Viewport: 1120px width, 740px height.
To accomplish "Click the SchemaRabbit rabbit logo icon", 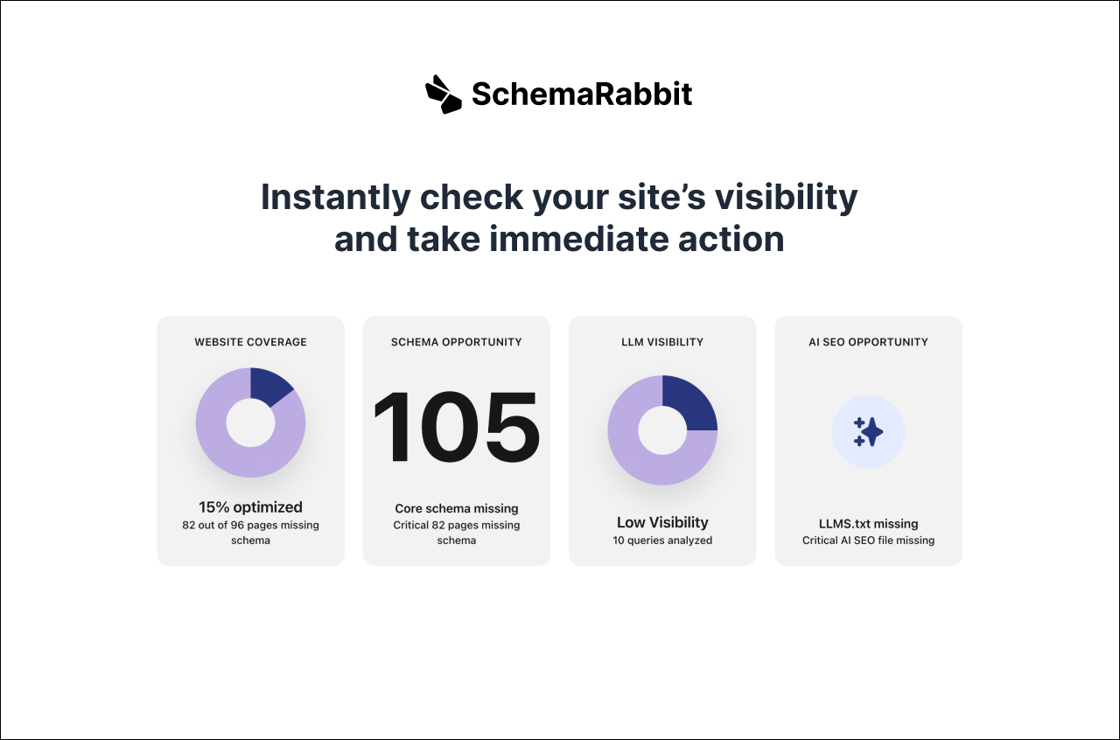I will tap(443, 94).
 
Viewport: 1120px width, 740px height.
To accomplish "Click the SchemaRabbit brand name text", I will tap(582, 94).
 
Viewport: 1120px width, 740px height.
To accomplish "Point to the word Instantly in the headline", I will tap(335, 197).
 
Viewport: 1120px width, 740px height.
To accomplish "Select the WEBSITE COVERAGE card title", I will tap(250, 342).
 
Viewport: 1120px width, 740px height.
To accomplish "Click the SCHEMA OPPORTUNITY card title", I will tap(456, 342).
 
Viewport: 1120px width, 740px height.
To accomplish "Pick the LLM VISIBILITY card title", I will tap(662, 342).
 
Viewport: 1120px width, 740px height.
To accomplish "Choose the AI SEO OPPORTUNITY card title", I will tap(868, 342).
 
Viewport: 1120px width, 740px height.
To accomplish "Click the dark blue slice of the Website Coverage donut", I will tap(269, 385).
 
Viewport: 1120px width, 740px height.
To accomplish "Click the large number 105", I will tap(456, 426).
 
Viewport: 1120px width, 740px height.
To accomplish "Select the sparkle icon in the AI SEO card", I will tap(868, 432).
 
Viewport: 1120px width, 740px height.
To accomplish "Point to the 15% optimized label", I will tap(250, 507).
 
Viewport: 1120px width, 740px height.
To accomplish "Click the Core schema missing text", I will tap(456, 508).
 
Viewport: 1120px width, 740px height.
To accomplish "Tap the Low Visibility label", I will tap(662, 522).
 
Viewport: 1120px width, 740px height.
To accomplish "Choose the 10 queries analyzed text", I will tap(662, 541).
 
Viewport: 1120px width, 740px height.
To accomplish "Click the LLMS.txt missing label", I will tap(868, 524).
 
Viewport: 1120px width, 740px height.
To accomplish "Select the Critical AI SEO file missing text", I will tap(868, 541).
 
